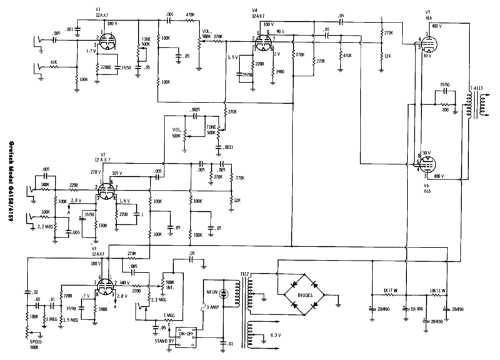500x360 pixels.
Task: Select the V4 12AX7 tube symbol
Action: [x=262, y=42]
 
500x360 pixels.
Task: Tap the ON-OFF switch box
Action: [x=186, y=335]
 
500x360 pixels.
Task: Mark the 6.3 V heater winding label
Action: [x=276, y=336]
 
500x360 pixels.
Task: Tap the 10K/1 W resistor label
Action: [x=438, y=291]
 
